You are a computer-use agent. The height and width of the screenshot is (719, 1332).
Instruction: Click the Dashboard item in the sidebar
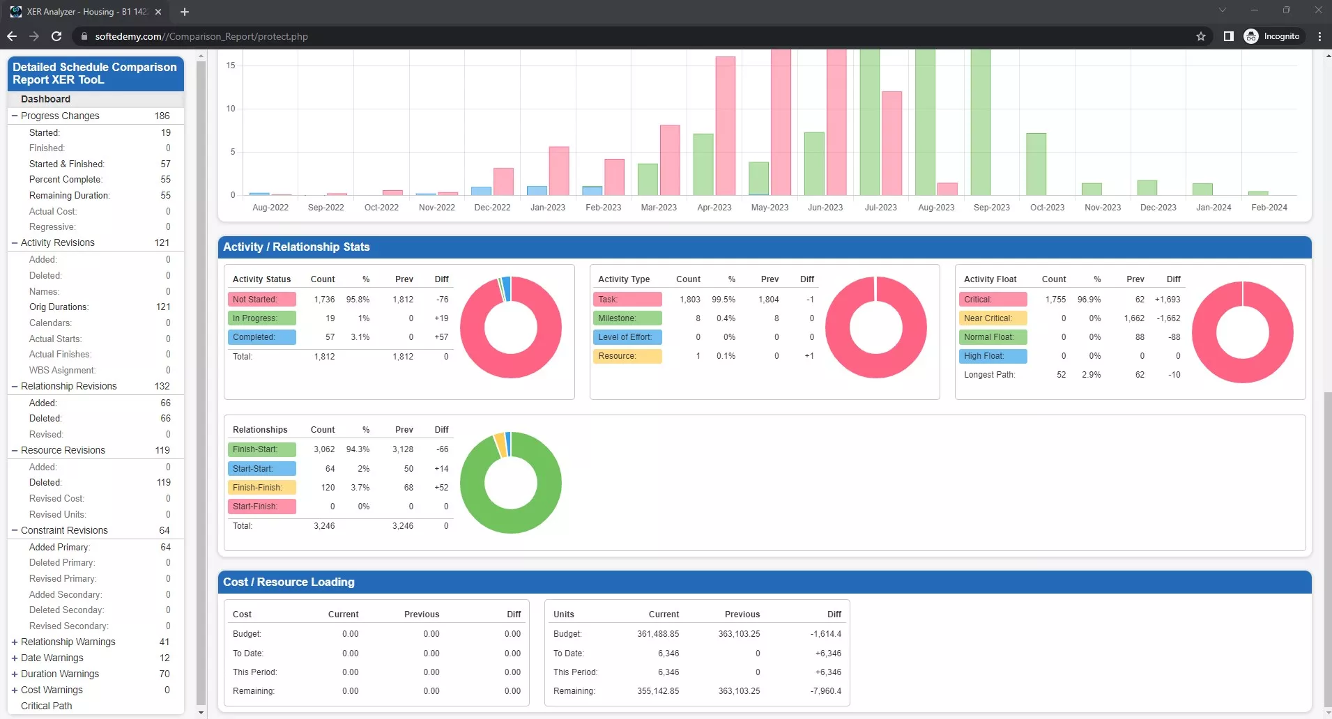click(x=45, y=99)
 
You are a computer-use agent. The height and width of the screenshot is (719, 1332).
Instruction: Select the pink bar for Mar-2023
click(x=670, y=160)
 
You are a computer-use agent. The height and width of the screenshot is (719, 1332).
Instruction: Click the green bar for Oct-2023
click(x=1036, y=164)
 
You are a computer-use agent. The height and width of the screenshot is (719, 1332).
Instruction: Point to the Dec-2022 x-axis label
click(x=492, y=208)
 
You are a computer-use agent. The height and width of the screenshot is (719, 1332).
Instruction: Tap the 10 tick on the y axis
click(x=231, y=109)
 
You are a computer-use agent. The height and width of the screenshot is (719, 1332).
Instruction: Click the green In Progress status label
click(x=261, y=318)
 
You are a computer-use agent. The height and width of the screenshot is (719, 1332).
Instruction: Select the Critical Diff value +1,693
click(x=1167, y=300)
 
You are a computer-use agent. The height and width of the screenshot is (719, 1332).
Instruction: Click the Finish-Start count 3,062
click(x=324, y=449)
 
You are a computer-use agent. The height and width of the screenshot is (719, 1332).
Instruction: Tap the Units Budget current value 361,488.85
click(x=657, y=634)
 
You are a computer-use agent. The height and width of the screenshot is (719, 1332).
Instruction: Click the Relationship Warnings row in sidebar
click(x=68, y=642)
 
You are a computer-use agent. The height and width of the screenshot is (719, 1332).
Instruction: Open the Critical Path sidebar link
click(x=46, y=706)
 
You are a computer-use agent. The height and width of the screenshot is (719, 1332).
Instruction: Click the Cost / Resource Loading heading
click(x=289, y=582)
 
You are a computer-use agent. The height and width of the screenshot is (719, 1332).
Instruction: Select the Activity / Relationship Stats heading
click(x=296, y=247)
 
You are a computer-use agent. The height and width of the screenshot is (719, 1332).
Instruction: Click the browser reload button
click(x=56, y=36)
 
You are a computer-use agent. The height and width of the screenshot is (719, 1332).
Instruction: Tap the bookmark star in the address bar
click(x=1200, y=36)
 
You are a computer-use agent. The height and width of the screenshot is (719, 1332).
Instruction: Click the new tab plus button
click(x=185, y=12)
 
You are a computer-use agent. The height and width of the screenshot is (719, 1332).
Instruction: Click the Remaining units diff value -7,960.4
click(x=825, y=691)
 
